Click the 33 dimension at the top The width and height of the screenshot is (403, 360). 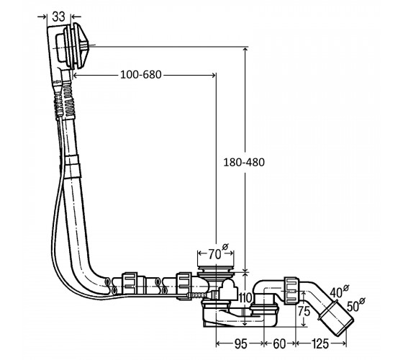(x=58, y=17)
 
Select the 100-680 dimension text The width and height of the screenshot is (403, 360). (x=141, y=75)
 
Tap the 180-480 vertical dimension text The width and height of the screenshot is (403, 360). (x=244, y=162)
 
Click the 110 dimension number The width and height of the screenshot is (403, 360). (x=245, y=298)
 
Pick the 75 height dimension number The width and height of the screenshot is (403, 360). (x=304, y=312)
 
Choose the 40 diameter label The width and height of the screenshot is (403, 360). (x=339, y=291)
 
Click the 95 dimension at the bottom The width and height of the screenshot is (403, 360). (x=241, y=344)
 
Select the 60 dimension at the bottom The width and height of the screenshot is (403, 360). (x=279, y=344)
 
